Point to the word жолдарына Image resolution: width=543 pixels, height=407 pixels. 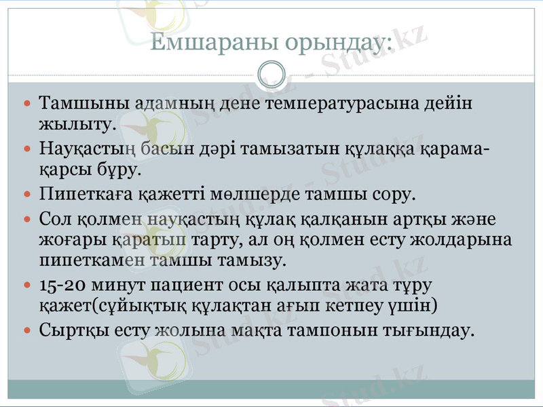tap(468, 239)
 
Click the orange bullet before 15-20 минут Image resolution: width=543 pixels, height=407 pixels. tap(27, 284)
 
